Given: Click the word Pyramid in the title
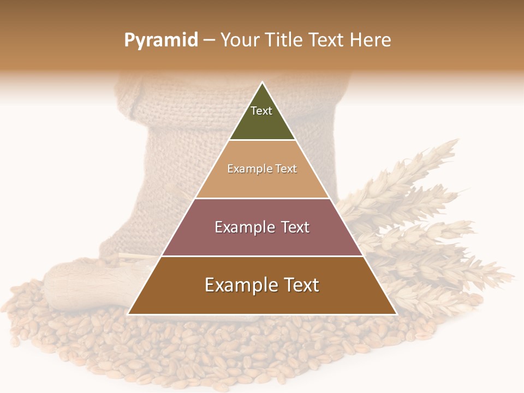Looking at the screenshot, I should click(161, 40).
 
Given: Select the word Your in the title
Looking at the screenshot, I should click(239, 40).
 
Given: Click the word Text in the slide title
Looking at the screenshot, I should click(326, 40).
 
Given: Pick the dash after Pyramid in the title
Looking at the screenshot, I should click(209, 41).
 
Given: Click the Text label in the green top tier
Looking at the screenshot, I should click(261, 111).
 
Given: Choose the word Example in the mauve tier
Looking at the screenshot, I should click(242, 227).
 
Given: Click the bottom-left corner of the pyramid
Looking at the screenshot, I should click(128, 314).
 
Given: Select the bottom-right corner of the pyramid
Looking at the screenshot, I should click(396, 314).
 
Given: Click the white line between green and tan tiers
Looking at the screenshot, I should click(262, 140).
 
